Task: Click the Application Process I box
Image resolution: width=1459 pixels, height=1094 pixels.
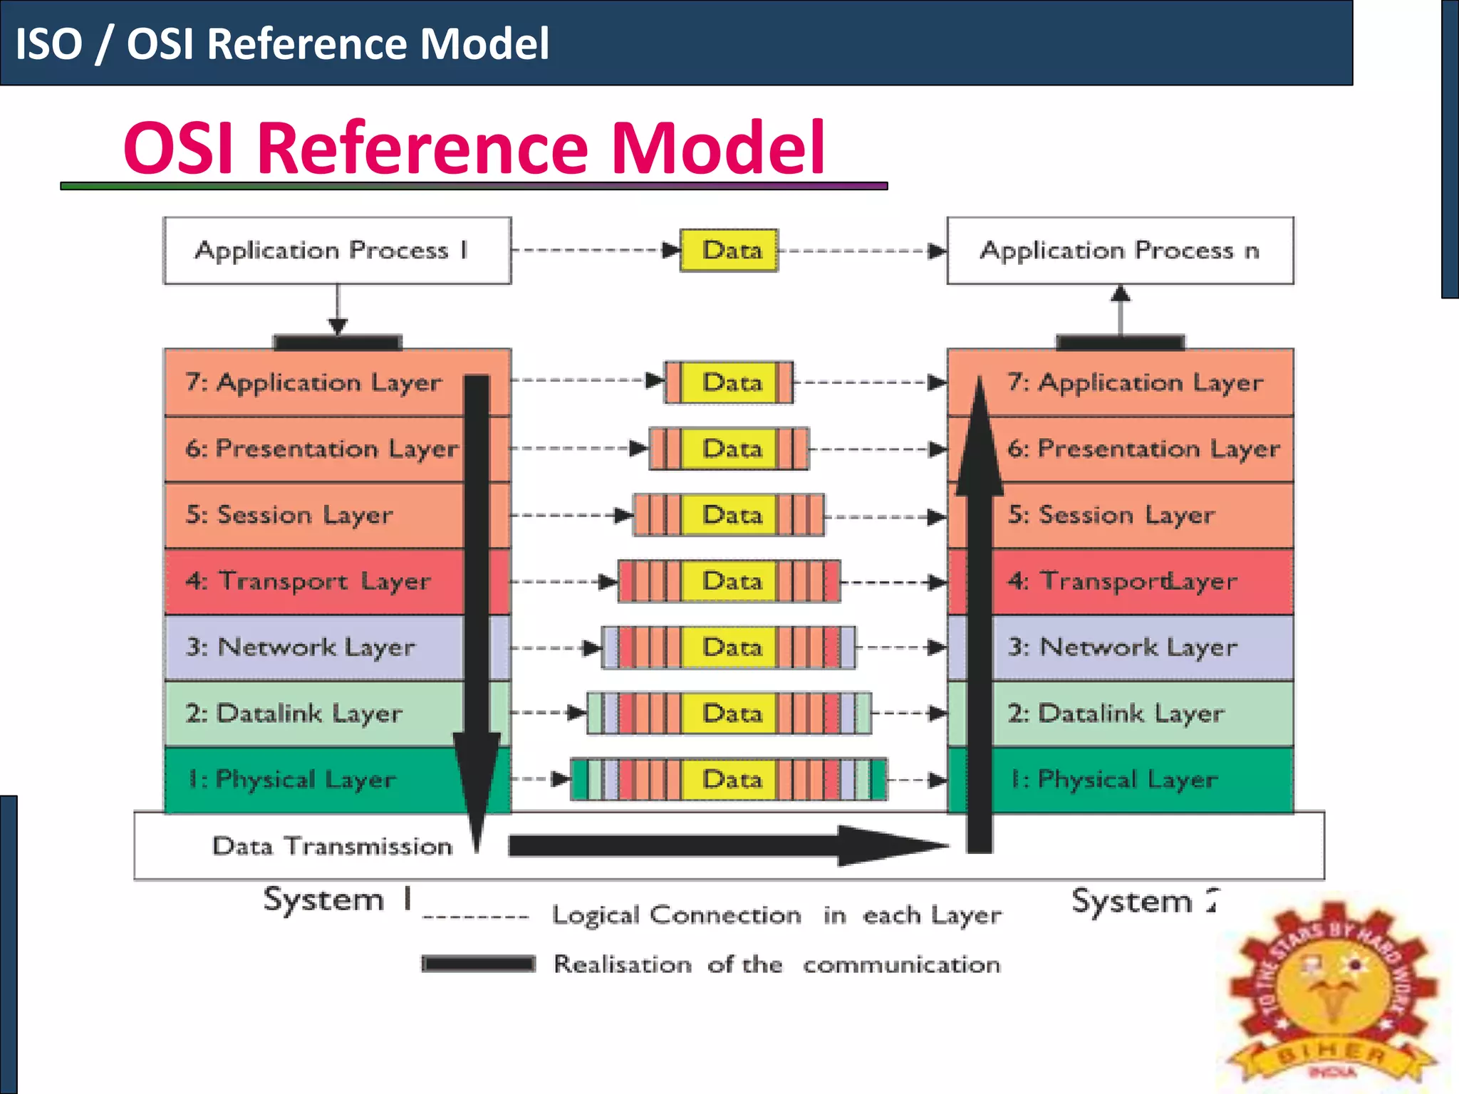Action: point(337,251)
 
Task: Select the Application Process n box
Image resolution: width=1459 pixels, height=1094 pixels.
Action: point(1120,251)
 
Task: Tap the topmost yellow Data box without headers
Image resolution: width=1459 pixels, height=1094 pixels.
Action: point(729,251)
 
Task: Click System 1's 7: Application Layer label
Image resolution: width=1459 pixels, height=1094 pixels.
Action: point(313,382)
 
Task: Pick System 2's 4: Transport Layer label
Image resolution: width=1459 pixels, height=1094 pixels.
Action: point(1122,581)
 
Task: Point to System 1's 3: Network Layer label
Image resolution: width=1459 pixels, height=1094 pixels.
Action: point(300,647)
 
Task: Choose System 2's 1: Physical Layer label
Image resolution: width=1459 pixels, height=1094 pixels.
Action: point(1113,779)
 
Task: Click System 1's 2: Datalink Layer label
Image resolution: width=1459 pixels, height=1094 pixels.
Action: point(294,713)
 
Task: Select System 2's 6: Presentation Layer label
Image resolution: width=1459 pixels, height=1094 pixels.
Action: point(1143,449)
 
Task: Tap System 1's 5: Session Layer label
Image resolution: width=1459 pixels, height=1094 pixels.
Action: point(289,515)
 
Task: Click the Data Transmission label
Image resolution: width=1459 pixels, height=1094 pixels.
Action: point(332,846)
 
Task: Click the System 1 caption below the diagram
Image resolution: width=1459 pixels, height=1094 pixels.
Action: point(337,900)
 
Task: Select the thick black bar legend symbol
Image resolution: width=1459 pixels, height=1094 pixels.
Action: point(478,964)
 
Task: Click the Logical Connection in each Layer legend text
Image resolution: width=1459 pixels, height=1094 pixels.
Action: point(777,915)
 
